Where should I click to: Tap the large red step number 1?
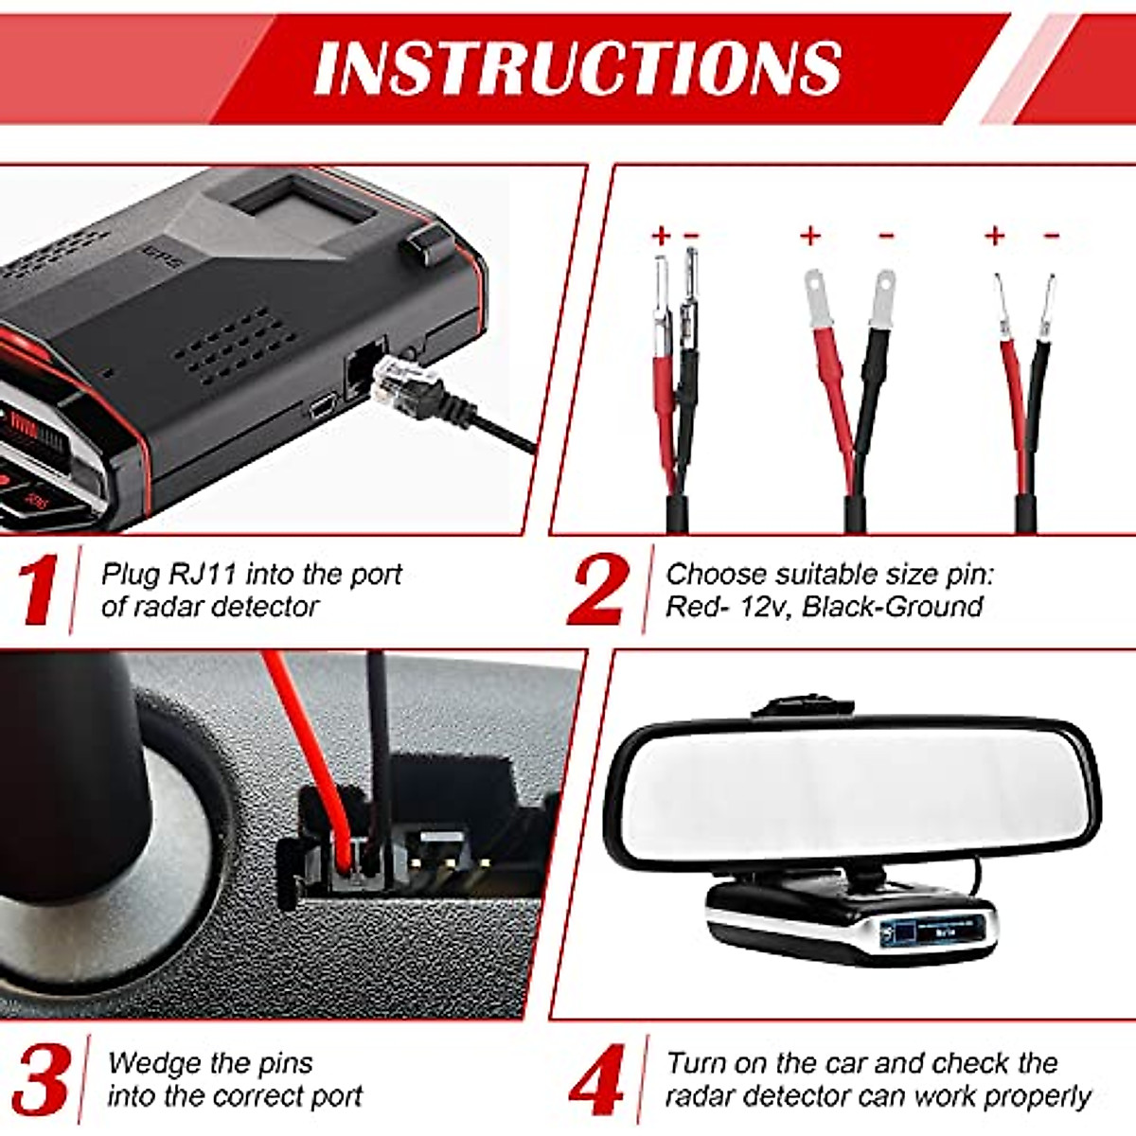click(x=39, y=591)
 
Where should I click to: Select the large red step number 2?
click(x=597, y=591)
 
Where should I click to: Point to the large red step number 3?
click(x=41, y=1079)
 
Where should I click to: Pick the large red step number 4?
click(x=597, y=1079)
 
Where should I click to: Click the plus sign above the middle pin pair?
click(x=810, y=235)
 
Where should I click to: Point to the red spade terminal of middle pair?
click(x=814, y=295)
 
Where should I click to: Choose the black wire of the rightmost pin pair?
click(x=1038, y=417)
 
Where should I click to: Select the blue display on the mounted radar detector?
click(x=937, y=933)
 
